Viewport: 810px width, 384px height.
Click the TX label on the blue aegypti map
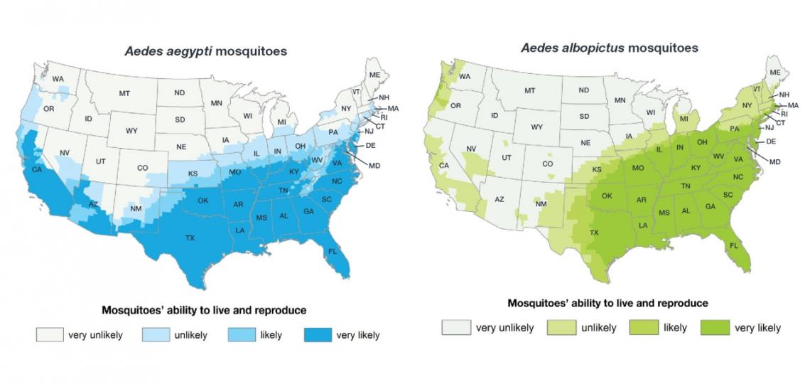[x=190, y=238]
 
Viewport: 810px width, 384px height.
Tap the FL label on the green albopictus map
[x=735, y=245]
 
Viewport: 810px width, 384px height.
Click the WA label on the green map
[x=465, y=76]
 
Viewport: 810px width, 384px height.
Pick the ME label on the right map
[x=775, y=73]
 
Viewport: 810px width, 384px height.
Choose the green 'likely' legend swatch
[x=642, y=327]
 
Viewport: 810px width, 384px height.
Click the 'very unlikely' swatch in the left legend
[x=49, y=335]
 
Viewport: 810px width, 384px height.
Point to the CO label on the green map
[x=548, y=163]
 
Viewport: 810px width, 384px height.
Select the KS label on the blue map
[x=193, y=174]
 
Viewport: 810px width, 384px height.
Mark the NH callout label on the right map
[x=784, y=95]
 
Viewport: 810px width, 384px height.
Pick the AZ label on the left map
[x=93, y=204]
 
